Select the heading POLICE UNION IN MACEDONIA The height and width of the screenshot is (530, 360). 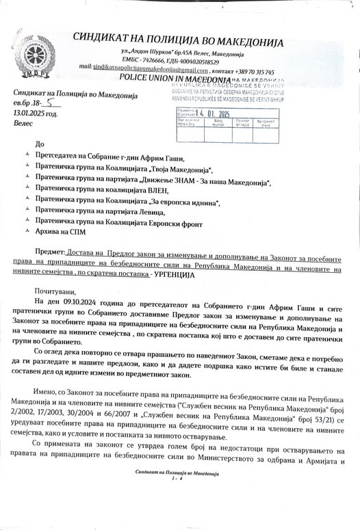177,79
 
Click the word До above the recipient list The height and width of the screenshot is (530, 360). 39,144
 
